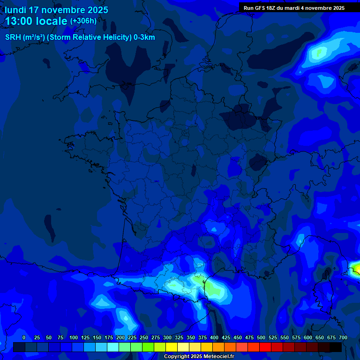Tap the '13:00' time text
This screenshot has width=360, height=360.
coord(20,22)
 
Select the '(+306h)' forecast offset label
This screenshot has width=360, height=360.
coord(83,21)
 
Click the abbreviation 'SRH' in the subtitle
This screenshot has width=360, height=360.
coord(13,37)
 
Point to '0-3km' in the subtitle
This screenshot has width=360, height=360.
coord(144,37)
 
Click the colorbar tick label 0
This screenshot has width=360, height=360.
coord(24,337)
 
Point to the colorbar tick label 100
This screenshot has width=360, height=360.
coord(74,337)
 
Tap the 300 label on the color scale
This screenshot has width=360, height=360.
coord(167,337)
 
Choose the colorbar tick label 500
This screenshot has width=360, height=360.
coord(261,337)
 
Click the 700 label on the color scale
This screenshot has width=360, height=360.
coord(343,337)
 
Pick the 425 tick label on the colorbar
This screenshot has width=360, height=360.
coord(226,337)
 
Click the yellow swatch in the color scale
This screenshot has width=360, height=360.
coord(172,347)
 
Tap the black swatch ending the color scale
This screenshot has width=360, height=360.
coord(336,347)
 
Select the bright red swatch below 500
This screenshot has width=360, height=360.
coord(265,347)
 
